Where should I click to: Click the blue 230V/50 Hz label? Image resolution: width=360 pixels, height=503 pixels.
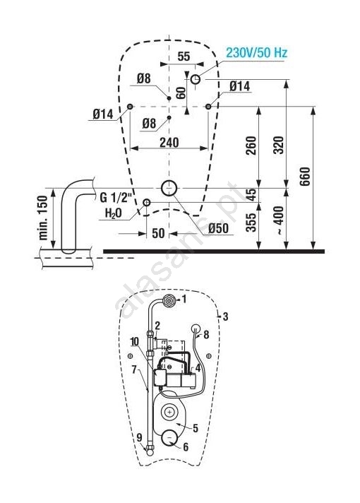click(x=256, y=52)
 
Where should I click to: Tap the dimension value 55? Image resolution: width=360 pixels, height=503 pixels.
click(x=184, y=57)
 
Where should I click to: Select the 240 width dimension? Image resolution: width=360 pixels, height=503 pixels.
click(x=169, y=143)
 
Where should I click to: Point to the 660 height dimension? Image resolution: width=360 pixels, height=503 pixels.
click(x=305, y=176)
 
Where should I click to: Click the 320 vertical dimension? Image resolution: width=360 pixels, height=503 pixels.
click(x=279, y=146)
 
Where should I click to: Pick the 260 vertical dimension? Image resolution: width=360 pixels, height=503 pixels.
click(x=251, y=146)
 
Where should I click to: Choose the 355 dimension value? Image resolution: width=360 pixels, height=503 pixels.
click(x=251, y=222)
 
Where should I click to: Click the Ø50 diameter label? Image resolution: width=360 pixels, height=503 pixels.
click(x=218, y=228)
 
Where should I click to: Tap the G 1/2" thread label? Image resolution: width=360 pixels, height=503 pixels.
click(x=116, y=198)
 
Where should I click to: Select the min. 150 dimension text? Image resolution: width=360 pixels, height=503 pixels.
click(x=43, y=218)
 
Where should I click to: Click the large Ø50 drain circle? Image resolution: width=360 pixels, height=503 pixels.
click(x=169, y=188)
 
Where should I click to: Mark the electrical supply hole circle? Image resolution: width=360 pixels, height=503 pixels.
click(x=196, y=79)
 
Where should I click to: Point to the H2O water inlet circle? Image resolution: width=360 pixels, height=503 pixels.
click(x=147, y=203)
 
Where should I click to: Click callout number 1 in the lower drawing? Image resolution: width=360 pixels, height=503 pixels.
click(x=184, y=300)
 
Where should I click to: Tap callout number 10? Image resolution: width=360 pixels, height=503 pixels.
click(x=135, y=341)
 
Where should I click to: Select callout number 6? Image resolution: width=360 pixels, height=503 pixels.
click(x=186, y=447)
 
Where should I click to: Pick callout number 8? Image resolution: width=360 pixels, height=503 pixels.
click(x=206, y=335)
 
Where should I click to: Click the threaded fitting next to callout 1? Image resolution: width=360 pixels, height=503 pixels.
click(x=168, y=300)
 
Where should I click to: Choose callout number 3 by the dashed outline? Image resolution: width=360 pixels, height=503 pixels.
click(x=225, y=316)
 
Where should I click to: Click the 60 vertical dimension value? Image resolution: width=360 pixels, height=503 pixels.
click(x=181, y=93)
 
